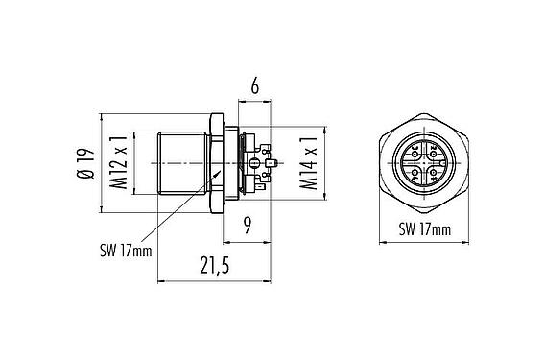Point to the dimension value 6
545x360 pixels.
[x=254, y=87]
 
